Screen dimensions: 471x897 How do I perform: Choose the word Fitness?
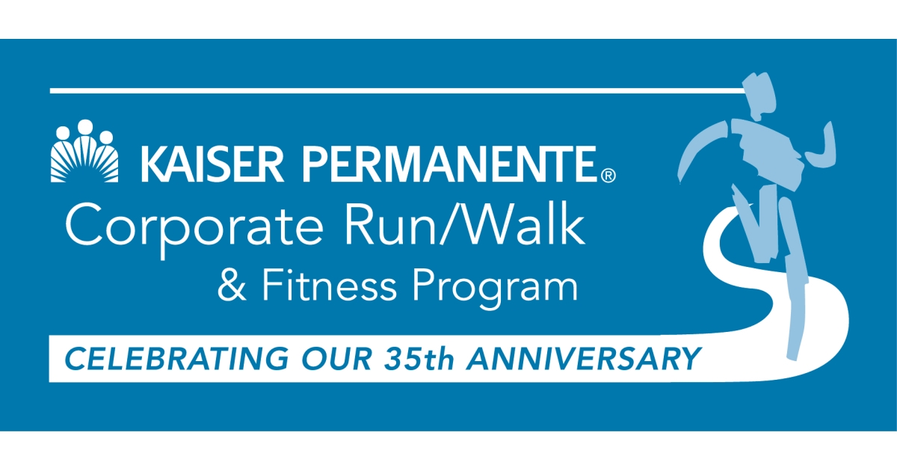[x=321, y=287]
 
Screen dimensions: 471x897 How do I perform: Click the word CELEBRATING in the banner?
[x=161, y=359]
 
